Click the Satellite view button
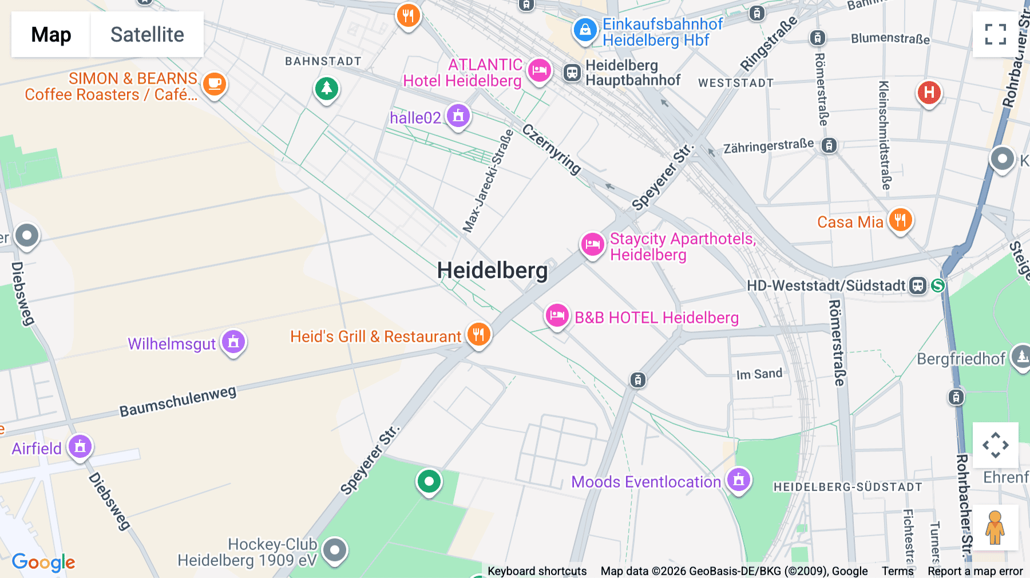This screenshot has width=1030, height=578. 147,34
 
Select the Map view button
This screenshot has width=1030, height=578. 51,34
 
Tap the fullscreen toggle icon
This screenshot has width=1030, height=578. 995,34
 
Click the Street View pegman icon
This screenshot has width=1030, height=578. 995,527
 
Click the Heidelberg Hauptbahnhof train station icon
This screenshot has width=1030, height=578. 572,73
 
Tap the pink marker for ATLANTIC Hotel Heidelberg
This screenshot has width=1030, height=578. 539,71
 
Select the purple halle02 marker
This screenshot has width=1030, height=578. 458,116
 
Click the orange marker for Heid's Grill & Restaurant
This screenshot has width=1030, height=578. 479,334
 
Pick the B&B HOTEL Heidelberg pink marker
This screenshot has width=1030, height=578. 557,315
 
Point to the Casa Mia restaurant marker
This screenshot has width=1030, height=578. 900,220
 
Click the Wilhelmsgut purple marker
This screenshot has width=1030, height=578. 233,342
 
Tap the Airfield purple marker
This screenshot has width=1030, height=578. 80,446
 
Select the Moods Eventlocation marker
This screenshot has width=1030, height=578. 739,480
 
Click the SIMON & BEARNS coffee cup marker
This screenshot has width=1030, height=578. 215,84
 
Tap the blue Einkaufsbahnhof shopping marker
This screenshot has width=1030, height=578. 585,30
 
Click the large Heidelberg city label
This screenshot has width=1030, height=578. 492,270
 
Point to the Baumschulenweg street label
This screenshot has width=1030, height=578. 177,401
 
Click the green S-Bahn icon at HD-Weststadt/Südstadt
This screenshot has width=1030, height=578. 938,285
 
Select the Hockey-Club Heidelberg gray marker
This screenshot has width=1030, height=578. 335,551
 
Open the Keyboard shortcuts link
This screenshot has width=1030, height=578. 537,571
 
